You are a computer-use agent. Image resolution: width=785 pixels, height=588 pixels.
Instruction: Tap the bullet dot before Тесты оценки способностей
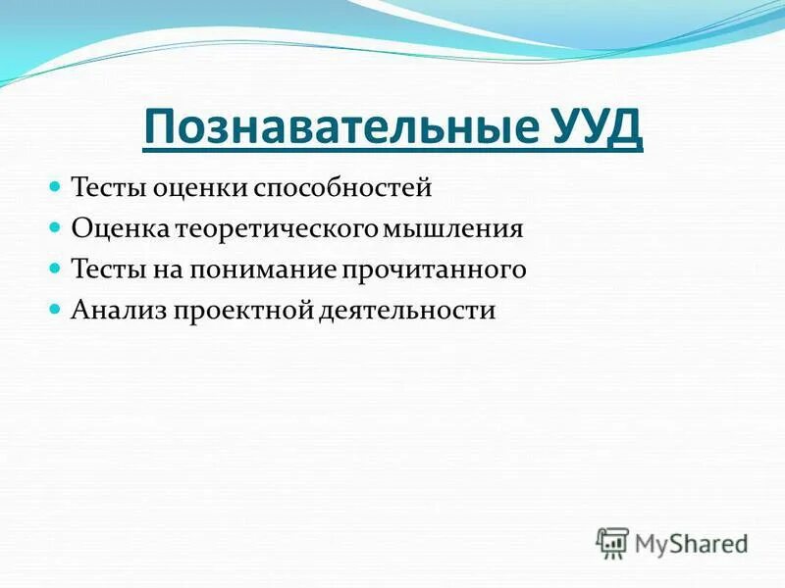[x=55, y=185]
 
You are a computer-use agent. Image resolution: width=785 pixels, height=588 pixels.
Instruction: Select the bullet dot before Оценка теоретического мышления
[x=55, y=227]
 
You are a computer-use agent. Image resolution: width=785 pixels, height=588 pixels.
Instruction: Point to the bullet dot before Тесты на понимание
[x=55, y=268]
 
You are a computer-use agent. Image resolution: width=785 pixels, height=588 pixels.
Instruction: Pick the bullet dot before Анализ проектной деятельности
[x=55, y=309]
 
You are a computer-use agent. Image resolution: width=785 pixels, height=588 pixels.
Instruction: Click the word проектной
[x=241, y=311]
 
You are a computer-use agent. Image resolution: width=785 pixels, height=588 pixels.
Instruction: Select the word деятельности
[x=406, y=311]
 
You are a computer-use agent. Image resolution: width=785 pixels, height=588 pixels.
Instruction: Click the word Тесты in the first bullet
[x=107, y=186]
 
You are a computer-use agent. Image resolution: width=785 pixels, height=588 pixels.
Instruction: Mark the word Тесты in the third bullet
[x=107, y=269]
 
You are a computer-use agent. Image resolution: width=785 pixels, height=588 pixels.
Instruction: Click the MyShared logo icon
[x=612, y=541]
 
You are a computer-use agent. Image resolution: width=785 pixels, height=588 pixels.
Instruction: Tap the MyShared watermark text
[x=691, y=542]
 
